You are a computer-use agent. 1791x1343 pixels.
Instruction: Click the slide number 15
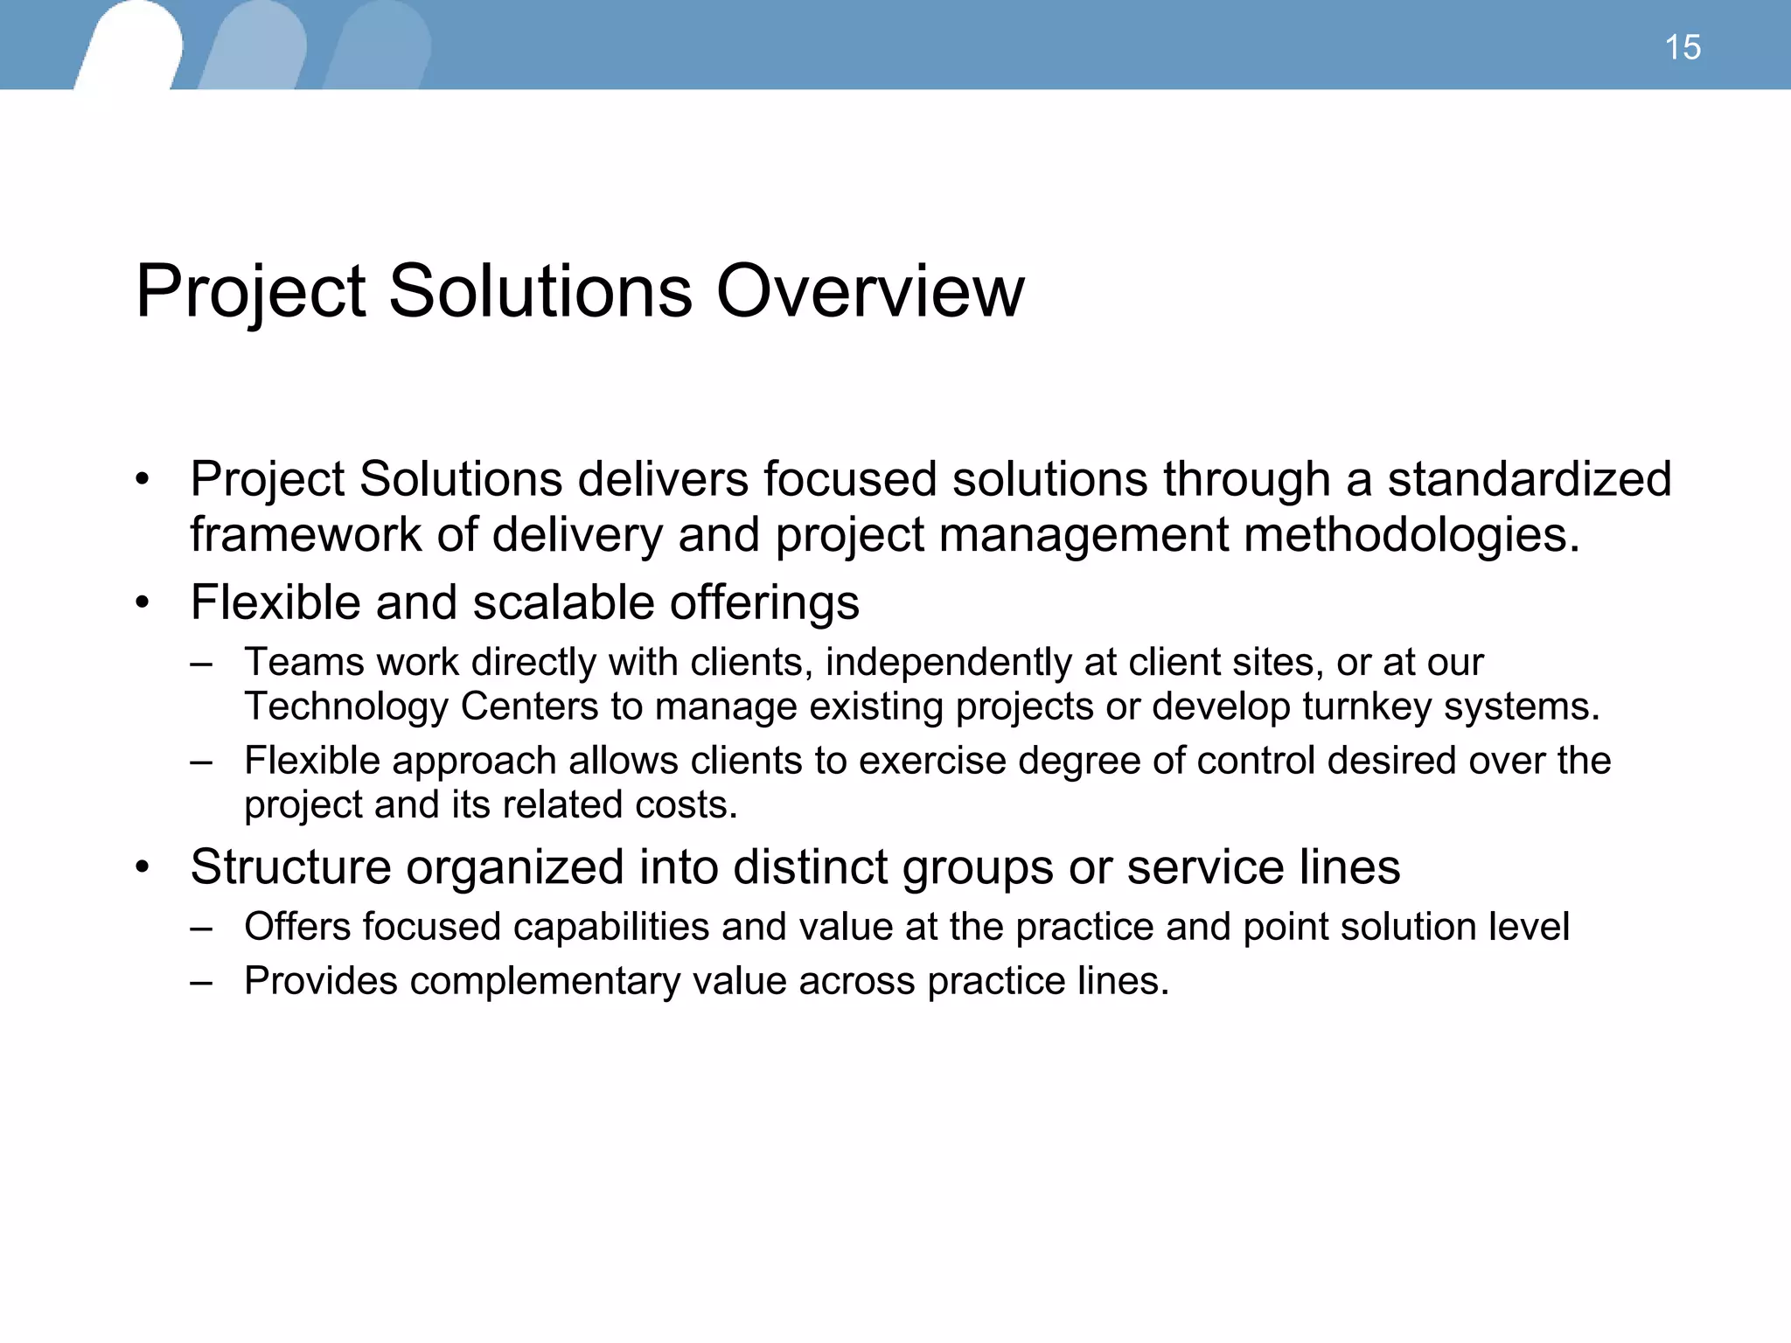point(1682,47)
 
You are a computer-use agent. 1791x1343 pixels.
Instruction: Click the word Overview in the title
point(869,291)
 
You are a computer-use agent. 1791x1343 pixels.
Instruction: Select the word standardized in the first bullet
point(1530,479)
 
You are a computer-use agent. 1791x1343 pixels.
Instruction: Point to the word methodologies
point(1411,534)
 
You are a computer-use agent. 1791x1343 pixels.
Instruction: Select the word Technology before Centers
point(346,706)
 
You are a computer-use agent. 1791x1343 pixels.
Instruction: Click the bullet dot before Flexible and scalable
point(143,603)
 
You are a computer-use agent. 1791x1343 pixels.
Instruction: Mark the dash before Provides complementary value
point(201,981)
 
